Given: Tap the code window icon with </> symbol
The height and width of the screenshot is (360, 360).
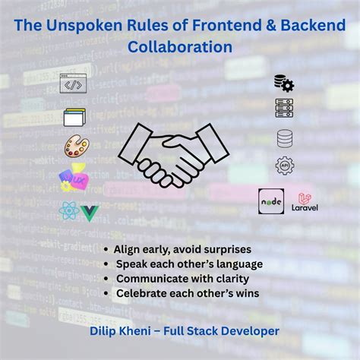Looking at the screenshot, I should point(71,84).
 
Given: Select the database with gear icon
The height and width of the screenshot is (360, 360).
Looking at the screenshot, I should point(284,83).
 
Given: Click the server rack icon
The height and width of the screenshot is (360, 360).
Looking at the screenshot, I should point(284,108).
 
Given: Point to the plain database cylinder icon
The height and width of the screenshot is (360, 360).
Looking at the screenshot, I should point(285,139).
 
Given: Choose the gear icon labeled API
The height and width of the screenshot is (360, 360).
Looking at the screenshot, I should point(285,166).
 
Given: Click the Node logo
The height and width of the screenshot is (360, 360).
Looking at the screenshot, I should point(271,201).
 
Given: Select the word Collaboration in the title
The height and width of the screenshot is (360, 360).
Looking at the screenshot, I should point(180,46).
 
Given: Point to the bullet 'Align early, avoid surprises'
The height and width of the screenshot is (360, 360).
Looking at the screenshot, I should point(182,249).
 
